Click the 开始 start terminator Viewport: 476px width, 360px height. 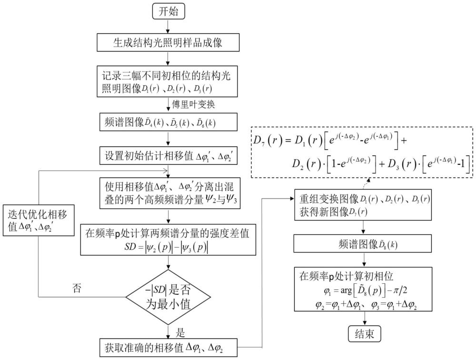click(168, 12)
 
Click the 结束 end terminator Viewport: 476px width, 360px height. click(364, 334)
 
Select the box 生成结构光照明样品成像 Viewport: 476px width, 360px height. click(168, 42)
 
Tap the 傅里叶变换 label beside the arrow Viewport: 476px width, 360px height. click(193, 104)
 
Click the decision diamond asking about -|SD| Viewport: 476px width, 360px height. click(168, 297)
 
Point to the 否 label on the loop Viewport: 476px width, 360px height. click(77, 288)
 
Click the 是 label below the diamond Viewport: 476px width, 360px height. click(180, 333)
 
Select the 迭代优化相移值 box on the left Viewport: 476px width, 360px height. click(39, 220)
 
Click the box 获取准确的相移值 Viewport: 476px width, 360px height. click(168, 348)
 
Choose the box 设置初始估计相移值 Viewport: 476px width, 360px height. click(168, 156)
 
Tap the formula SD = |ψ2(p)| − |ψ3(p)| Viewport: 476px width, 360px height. click(166, 248)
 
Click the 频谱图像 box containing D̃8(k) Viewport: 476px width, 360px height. click(363, 244)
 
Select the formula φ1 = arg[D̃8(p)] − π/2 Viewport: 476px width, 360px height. click(366, 291)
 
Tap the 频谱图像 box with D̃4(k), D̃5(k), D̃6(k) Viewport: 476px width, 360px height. click(168, 122)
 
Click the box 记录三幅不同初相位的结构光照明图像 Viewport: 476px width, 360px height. click(167, 81)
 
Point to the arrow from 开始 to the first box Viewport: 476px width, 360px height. click(168, 27)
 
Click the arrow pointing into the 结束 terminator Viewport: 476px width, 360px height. click(364, 319)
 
